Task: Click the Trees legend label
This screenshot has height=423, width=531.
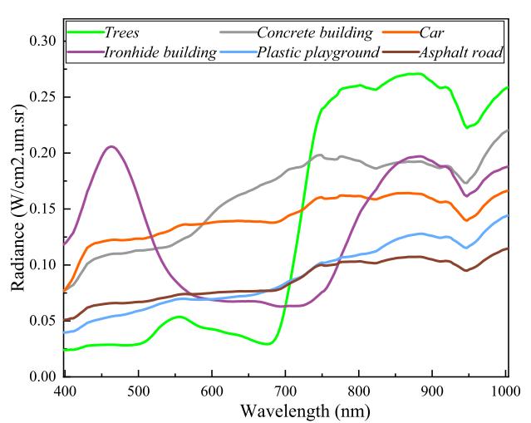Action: tap(122, 33)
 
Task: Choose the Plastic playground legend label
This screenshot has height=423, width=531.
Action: tap(317, 52)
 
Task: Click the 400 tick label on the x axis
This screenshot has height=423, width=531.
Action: tap(65, 391)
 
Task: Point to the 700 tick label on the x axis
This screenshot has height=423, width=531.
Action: tap(286, 391)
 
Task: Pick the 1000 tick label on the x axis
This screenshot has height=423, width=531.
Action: tap(506, 391)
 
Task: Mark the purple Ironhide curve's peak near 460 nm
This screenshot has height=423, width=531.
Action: tap(111, 146)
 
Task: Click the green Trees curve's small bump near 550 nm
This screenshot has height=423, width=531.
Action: tap(178, 316)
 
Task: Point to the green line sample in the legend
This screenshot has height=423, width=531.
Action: tap(82, 33)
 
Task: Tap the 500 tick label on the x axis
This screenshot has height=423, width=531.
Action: tap(139, 391)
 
